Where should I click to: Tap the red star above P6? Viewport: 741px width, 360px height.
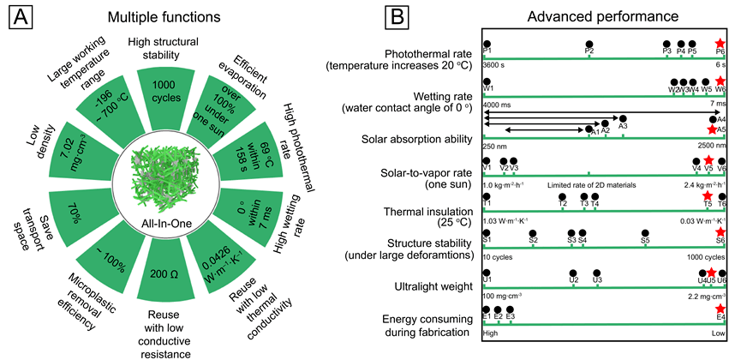click(720, 43)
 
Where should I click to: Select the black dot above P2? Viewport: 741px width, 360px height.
click(589, 44)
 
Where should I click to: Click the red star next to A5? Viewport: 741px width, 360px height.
click(711, 129)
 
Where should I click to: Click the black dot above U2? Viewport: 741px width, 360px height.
click(574, 272)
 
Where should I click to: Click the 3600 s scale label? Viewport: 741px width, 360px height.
click(494, 65)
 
